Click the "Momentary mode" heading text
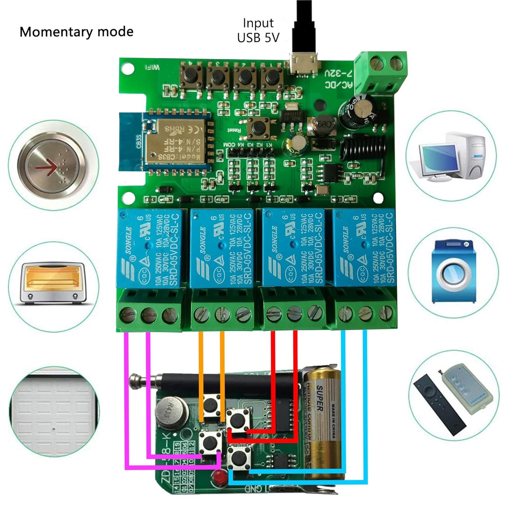coord(76,32)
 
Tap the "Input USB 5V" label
coord(258,31)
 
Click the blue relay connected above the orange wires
coord(221,248)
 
